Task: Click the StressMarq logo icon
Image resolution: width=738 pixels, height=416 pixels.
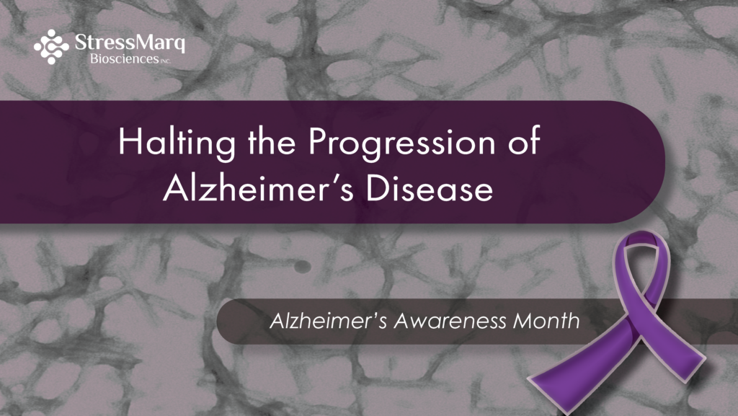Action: click(x=51, y=47)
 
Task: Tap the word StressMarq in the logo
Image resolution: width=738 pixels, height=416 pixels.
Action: click(x=130, y=43)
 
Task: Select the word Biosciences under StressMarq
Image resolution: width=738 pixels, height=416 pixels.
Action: click(x=124, y=59)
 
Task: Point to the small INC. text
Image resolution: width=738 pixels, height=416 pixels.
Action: click(x=165, y=61)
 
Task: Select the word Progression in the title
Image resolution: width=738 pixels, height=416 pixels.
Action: click(x=402, y=143)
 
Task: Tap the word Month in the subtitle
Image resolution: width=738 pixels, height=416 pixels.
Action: click(x=546, y=321)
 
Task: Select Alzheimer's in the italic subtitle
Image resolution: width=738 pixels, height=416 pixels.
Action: click(x=328, y=321)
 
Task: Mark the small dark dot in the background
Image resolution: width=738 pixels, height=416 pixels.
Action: click(x=302, y=267)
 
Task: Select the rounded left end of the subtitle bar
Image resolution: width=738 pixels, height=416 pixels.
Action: click(x=226, y=322)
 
